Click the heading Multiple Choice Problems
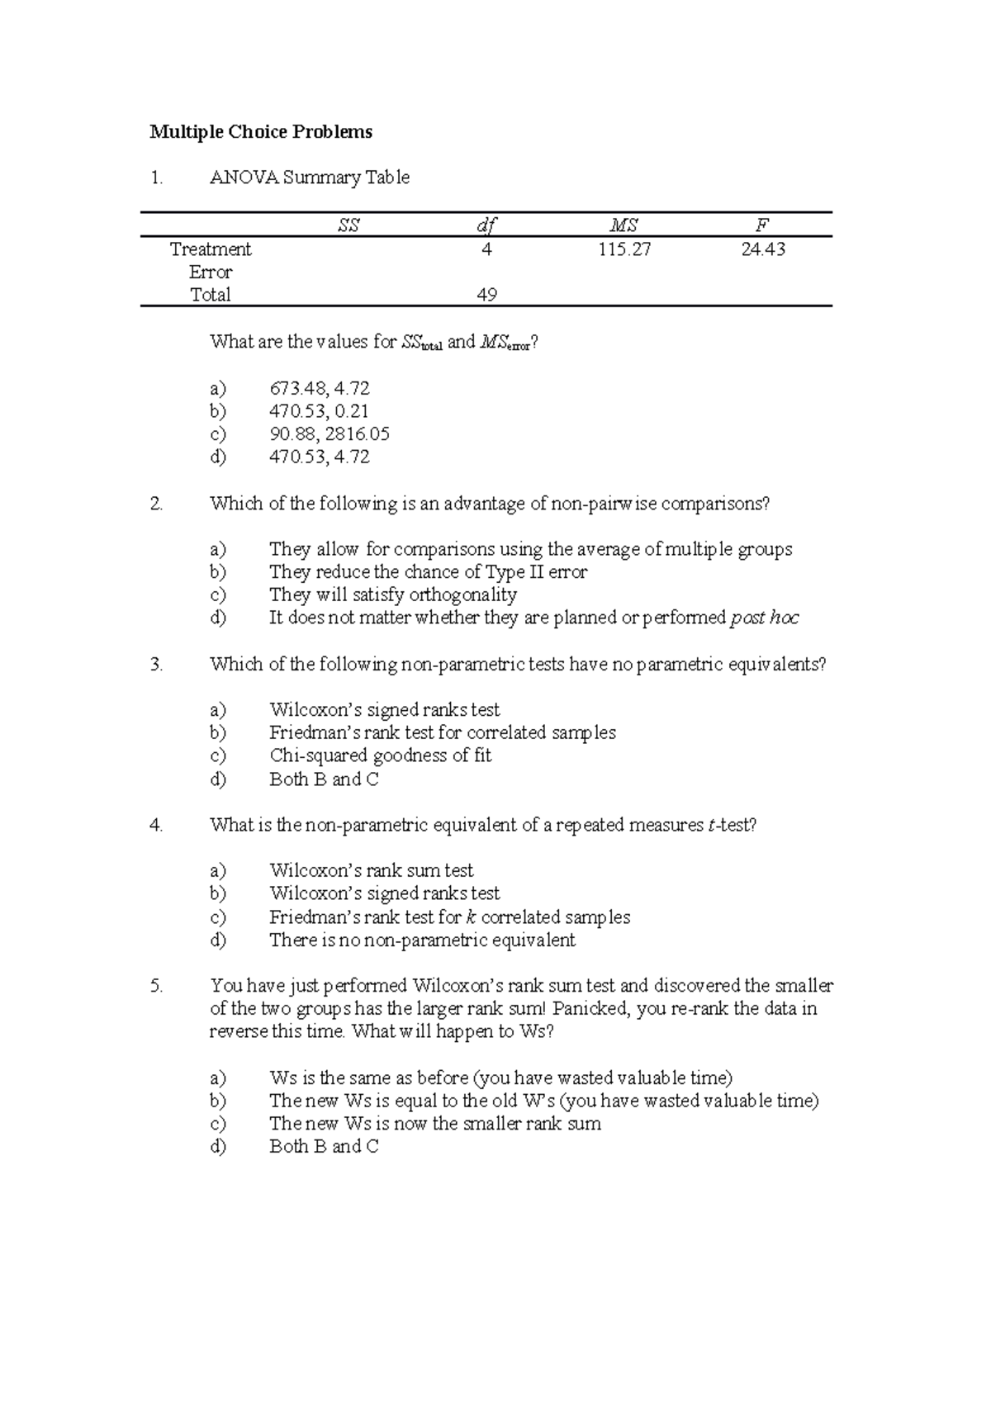pos(261,132)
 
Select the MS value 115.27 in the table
pos(624,249)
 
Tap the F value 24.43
pos(763,249)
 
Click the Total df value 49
pos(486,295)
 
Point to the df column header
pos(486,225)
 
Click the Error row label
pos(211,272)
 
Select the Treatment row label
pos(211,249)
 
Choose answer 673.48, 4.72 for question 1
pos(320,389)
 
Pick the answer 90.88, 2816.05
pos(330,434)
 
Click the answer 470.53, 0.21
pos(320,411)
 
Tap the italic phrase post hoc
pos(765,618)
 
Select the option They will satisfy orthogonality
pos(393,595)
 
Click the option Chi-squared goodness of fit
pos(380,755)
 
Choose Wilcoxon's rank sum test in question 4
pos(372,870)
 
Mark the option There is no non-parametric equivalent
pos(422,940)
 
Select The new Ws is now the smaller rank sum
pos(435,1124)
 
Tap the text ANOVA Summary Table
pos(310,178)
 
